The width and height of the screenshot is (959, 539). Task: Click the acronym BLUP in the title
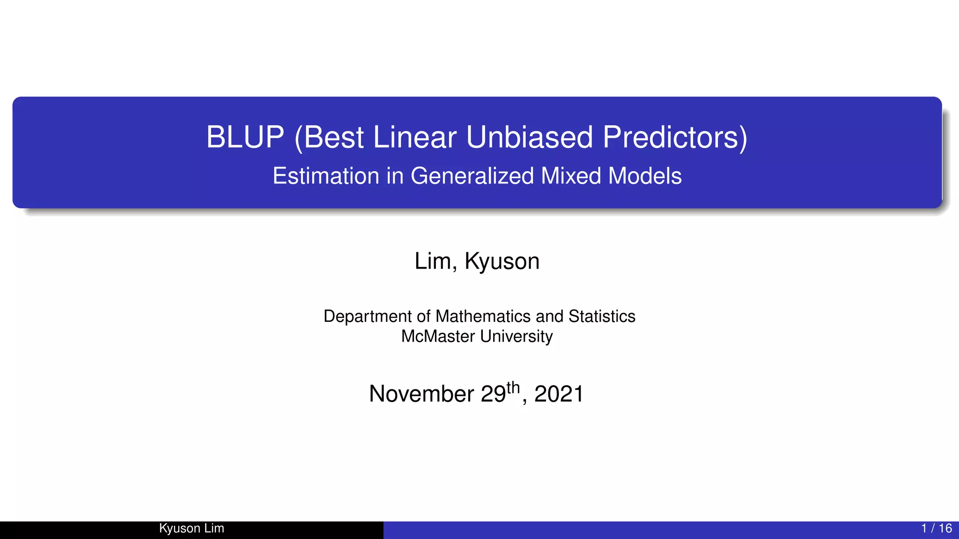[245, 138]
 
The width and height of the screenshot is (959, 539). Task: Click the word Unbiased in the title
[530, 138]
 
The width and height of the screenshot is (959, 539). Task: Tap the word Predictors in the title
[675, 138]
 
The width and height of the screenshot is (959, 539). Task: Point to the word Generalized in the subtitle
[472, 176]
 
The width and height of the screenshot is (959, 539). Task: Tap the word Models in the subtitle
[645, 176]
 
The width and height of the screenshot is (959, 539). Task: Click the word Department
[368, 317]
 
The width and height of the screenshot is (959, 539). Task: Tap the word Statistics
[602, 317]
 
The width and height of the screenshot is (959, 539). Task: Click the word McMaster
[438, 336]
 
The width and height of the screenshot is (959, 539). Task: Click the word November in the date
[421, 394]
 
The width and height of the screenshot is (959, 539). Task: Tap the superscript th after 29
[513, 388]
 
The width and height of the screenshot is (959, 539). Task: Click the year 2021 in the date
[559, 394]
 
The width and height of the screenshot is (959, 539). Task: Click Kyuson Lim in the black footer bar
[192, 529]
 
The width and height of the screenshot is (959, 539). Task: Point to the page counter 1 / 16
[936, 529]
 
